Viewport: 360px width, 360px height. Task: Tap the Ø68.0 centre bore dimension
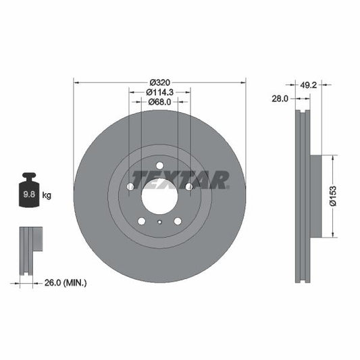point(159,102)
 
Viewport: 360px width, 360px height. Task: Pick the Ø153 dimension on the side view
point(333,197)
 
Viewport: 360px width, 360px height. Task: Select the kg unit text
point(47,196)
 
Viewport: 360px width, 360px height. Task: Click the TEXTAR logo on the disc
point(180,180)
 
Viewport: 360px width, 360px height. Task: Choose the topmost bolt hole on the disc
point(159,165)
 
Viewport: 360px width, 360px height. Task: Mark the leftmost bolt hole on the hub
point(130,186)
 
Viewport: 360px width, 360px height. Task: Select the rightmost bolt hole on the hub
point(188,186)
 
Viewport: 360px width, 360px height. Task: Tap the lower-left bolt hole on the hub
point(141,221)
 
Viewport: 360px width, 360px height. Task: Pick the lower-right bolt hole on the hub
point(178,221)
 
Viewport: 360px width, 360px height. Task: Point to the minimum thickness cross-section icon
point(29,251)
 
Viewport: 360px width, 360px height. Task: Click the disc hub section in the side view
point(315,197)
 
